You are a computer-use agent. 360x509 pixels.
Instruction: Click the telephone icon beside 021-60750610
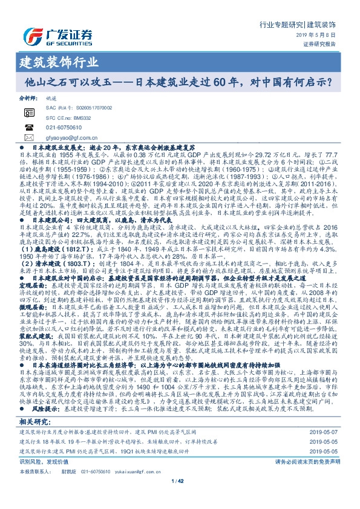point(29,128)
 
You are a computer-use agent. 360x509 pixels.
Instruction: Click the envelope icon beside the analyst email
point(29,138)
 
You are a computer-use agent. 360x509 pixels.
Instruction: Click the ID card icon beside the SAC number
point(29,112)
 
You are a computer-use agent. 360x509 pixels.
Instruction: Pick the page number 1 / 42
point(180,498)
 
